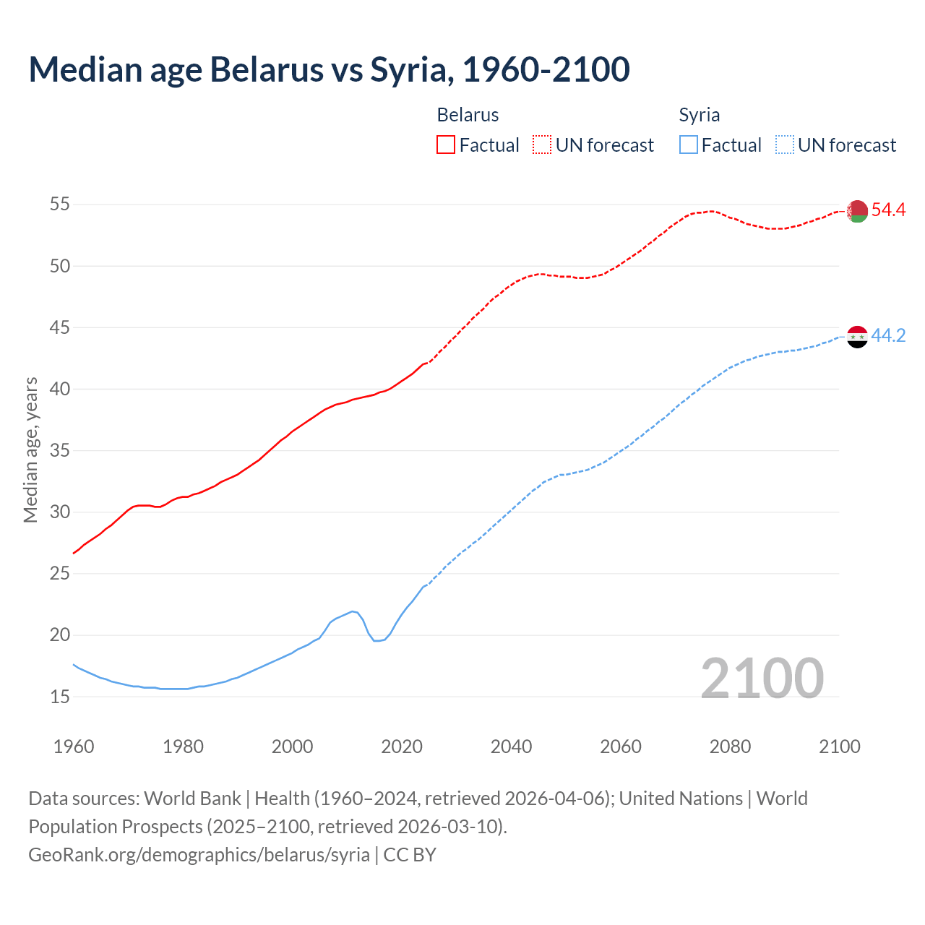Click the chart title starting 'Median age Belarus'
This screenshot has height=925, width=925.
(329, 69)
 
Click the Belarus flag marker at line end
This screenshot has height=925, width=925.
(857, 211)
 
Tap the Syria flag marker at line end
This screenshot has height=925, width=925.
(857, 337)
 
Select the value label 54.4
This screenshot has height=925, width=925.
(888, 210)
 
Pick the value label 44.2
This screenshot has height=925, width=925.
(888, 336)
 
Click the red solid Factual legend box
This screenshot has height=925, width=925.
(446, 145)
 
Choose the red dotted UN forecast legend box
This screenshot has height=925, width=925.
(542, 145)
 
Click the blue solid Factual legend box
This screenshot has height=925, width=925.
(688, 145)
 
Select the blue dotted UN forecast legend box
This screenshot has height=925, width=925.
(784, 145)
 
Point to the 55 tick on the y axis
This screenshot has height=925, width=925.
(59, 205)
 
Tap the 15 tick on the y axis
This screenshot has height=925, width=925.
(59, 697)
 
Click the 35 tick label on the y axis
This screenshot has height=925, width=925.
(59, 451)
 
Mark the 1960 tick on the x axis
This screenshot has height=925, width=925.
(74, 747)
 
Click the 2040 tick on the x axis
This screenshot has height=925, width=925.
(511, 747)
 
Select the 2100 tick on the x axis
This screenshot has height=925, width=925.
(839, 747)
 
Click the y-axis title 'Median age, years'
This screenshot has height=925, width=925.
(30, 449)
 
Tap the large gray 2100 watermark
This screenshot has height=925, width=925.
(762, 679)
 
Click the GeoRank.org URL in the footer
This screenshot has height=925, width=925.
(199, 855)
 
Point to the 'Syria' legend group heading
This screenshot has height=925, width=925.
(699, 116)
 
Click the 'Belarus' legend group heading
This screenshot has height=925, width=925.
(468, 116)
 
